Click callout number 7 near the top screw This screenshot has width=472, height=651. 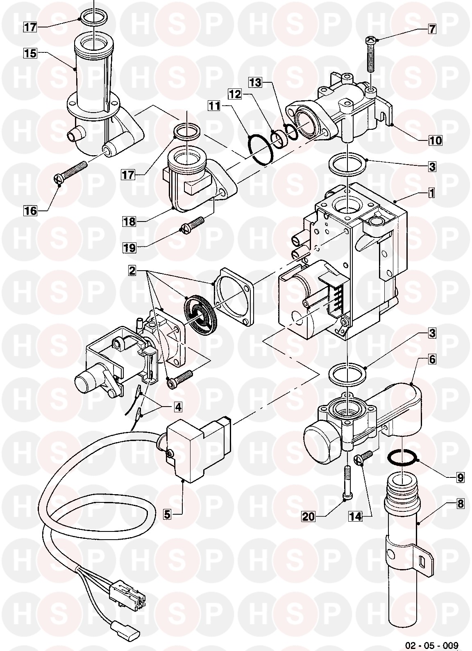(432, 29)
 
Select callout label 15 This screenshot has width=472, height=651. (30, 54)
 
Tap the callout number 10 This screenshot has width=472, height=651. (435, 141)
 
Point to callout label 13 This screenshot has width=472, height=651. (255, 83)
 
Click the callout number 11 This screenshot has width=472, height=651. (215, 106)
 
